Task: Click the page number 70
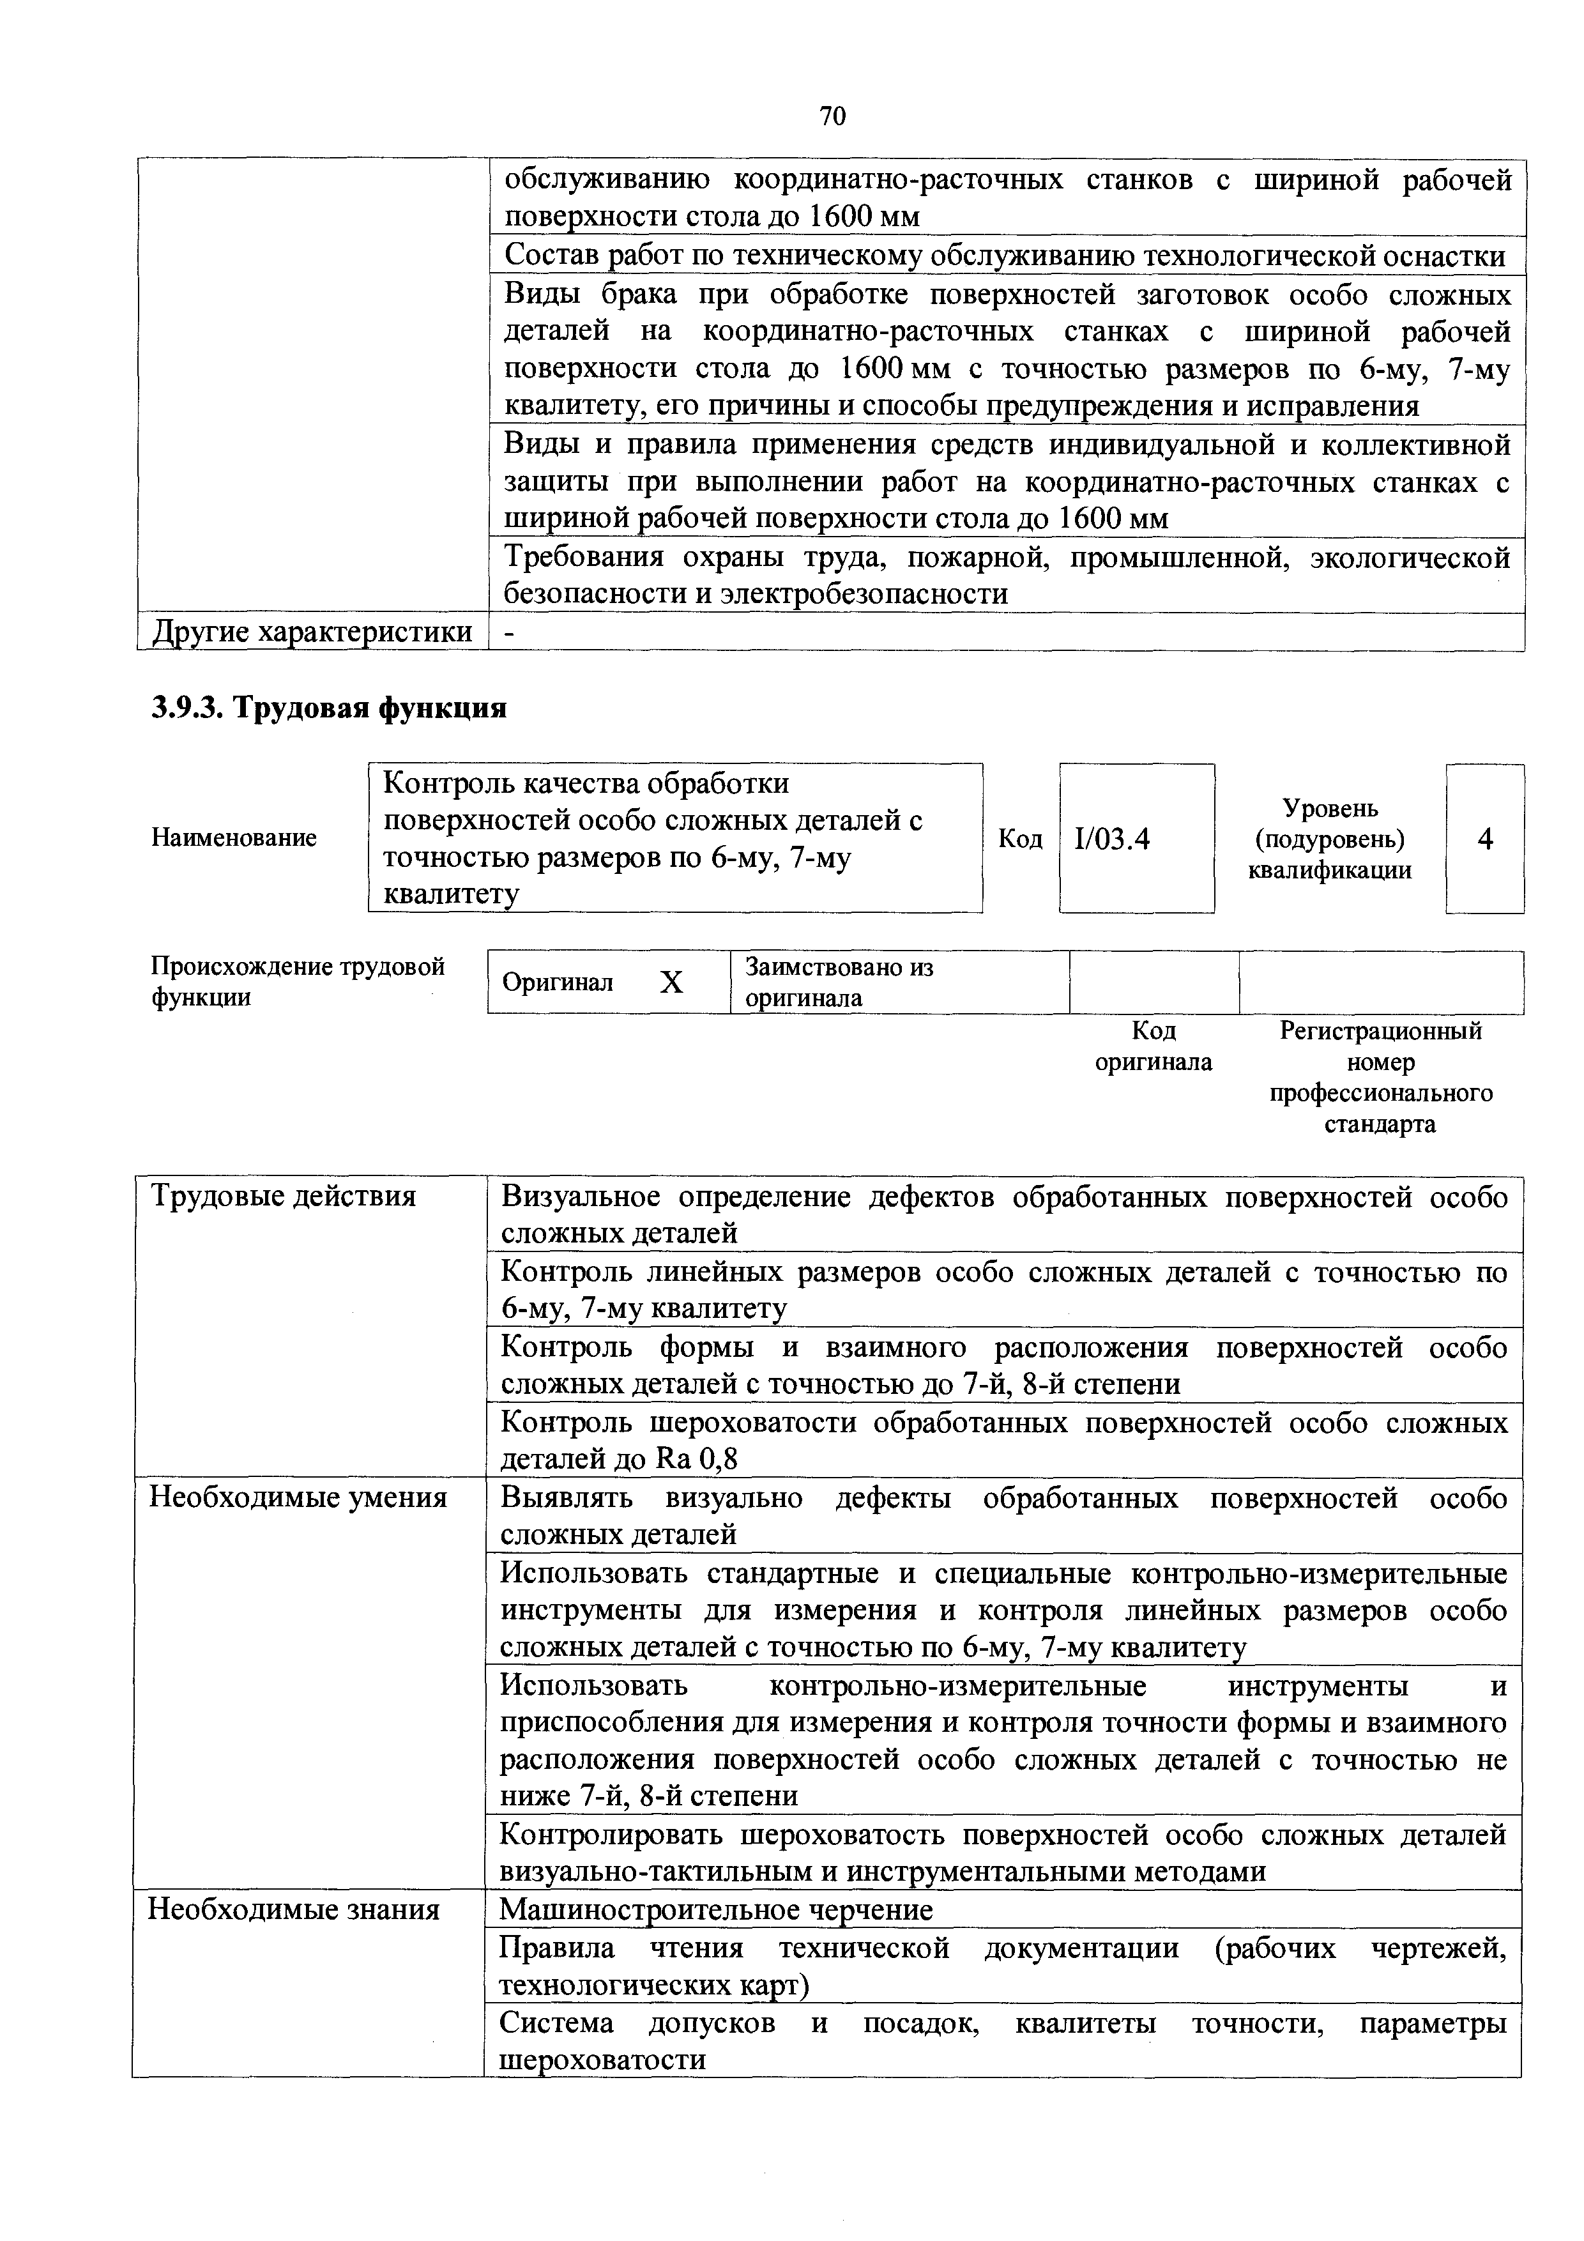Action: click(832, 117)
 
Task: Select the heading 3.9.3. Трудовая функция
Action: click(329, 707)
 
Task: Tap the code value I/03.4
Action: click(1111, 838)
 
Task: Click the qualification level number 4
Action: click(1484, 838)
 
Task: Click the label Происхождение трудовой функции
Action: click(298, 981)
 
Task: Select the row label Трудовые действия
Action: click(283, 1197)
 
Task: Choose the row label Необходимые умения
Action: click(298, 1497)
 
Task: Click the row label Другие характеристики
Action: click(312, 632)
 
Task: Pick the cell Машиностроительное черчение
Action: click(715, 1909)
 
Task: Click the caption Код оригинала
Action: click(1154, 1046)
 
